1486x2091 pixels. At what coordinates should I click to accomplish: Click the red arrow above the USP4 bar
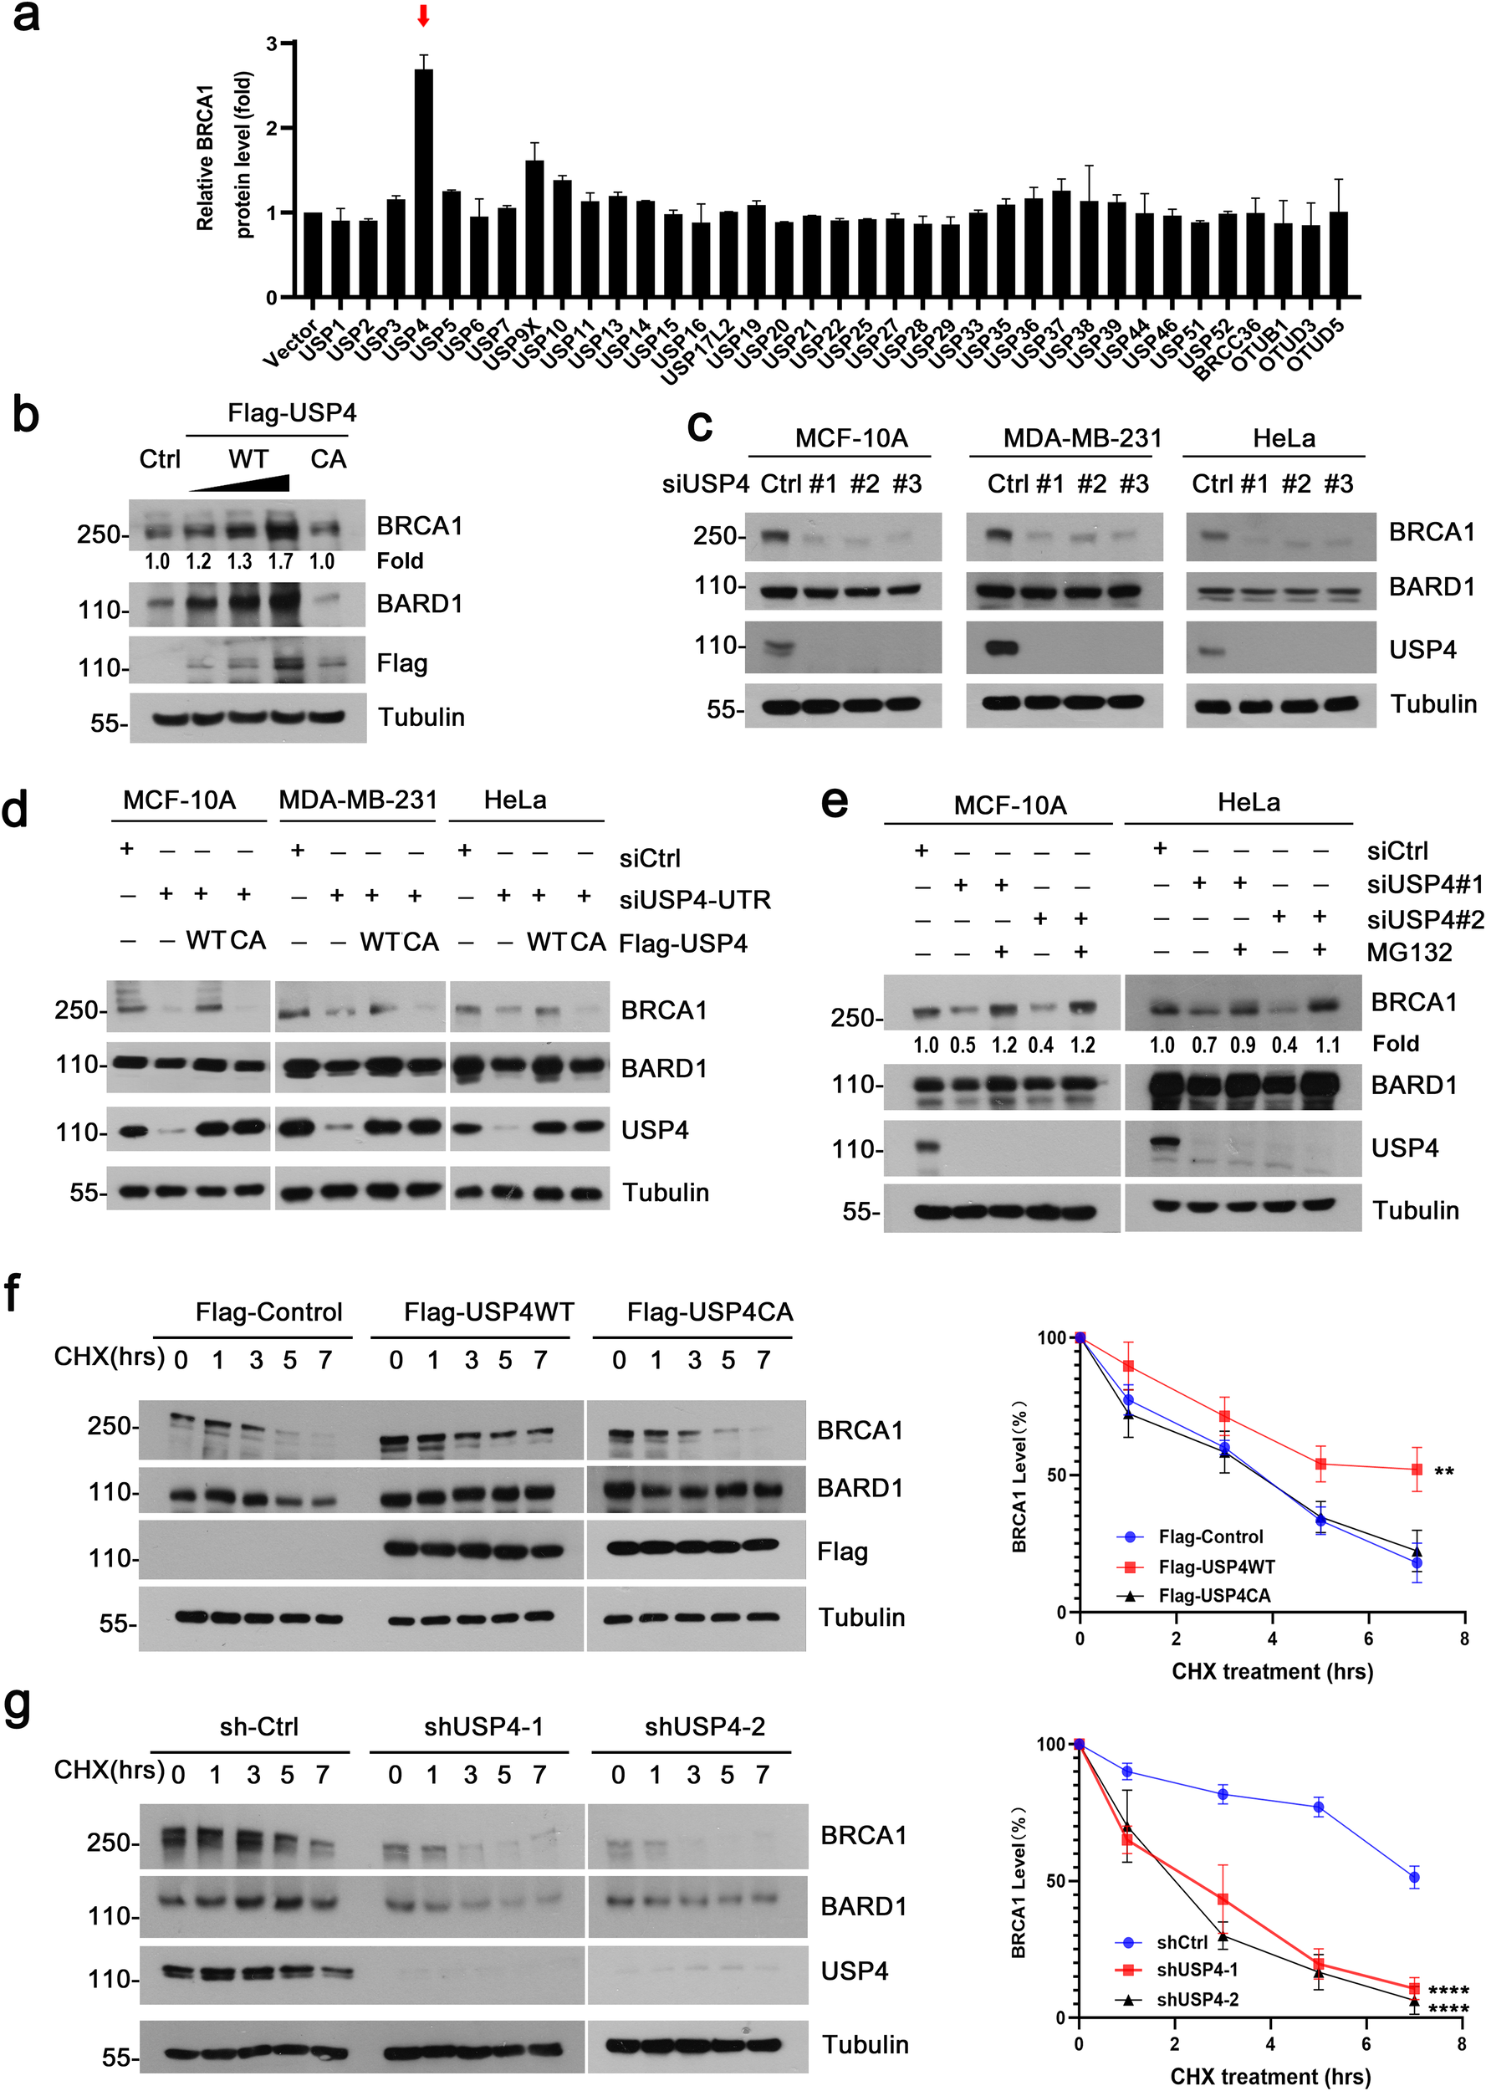point(423,16)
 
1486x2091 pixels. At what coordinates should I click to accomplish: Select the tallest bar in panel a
point(424,183)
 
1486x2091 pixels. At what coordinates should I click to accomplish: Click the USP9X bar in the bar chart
point(534,229)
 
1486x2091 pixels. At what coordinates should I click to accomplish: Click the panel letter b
point(26,414)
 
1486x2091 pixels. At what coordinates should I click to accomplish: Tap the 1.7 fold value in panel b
point(280,561)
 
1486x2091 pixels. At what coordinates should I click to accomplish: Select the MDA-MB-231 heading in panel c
point(1082,438)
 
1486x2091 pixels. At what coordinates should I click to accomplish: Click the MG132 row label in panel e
point(1409,953)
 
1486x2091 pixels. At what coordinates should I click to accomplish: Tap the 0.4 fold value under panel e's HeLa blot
point(1284,1045)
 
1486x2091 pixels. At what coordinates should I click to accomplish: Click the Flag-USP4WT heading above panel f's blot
point(488,1312)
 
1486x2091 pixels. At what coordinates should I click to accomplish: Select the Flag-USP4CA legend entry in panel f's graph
point(1213,1596)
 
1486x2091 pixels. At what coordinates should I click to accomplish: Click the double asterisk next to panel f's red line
point(1444,1472)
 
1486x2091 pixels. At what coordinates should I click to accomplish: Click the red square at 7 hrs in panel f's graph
point(1417,1470)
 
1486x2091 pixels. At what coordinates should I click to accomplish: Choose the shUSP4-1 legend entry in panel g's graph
point(1197,1969)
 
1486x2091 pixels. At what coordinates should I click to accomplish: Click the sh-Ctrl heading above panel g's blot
point(259,1727)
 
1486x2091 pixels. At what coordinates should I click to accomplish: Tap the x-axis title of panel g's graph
point(1270,2076)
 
